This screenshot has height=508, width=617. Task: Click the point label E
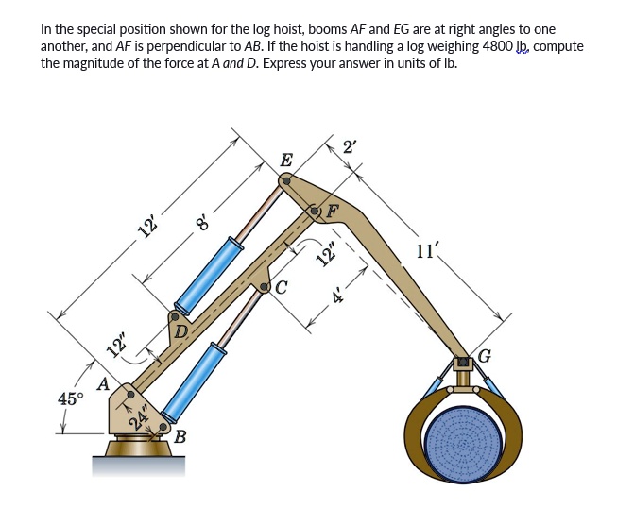coord(286,160)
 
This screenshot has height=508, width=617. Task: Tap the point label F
coord(333,210)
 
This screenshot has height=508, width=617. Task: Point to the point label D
coord(180,330)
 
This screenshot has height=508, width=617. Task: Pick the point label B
coord(180,436)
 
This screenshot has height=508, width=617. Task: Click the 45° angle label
coord(70,398)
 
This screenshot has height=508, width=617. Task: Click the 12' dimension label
coord(147,226)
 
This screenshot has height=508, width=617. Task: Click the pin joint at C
coord(266,287)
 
